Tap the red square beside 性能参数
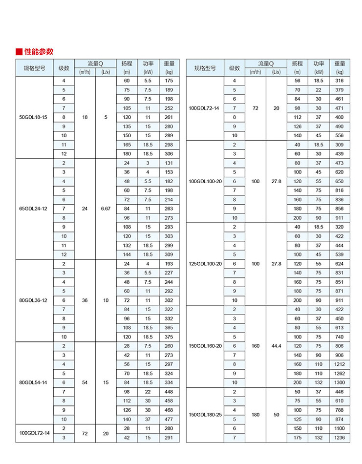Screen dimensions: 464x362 pos(19,52)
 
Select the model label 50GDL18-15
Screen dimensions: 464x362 pos(34,117)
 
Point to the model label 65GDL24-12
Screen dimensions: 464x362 pos(34,209)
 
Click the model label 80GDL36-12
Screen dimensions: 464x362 pos(34,300)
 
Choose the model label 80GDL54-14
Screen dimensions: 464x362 pos(34,382)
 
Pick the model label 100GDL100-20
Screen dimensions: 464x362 pos(205,181)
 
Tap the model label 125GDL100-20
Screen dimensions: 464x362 pos(205,264)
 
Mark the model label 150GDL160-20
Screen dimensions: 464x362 pos(205,346)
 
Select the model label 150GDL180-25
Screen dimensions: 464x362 pos(205,415)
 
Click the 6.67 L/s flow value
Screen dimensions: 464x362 pos(106,209)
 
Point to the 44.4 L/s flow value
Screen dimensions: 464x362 pos(277,346)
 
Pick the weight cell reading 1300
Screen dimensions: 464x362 pos(340,382)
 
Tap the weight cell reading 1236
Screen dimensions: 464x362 pos(340,438)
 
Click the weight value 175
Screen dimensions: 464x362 pos(169,80)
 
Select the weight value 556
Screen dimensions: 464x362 pos(340,135)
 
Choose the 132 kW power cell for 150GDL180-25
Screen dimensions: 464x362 pos(319,438)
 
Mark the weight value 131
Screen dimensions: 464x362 pos(169,163)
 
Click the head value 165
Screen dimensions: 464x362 pos(127,145)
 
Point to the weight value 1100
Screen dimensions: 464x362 pos(340,428)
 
